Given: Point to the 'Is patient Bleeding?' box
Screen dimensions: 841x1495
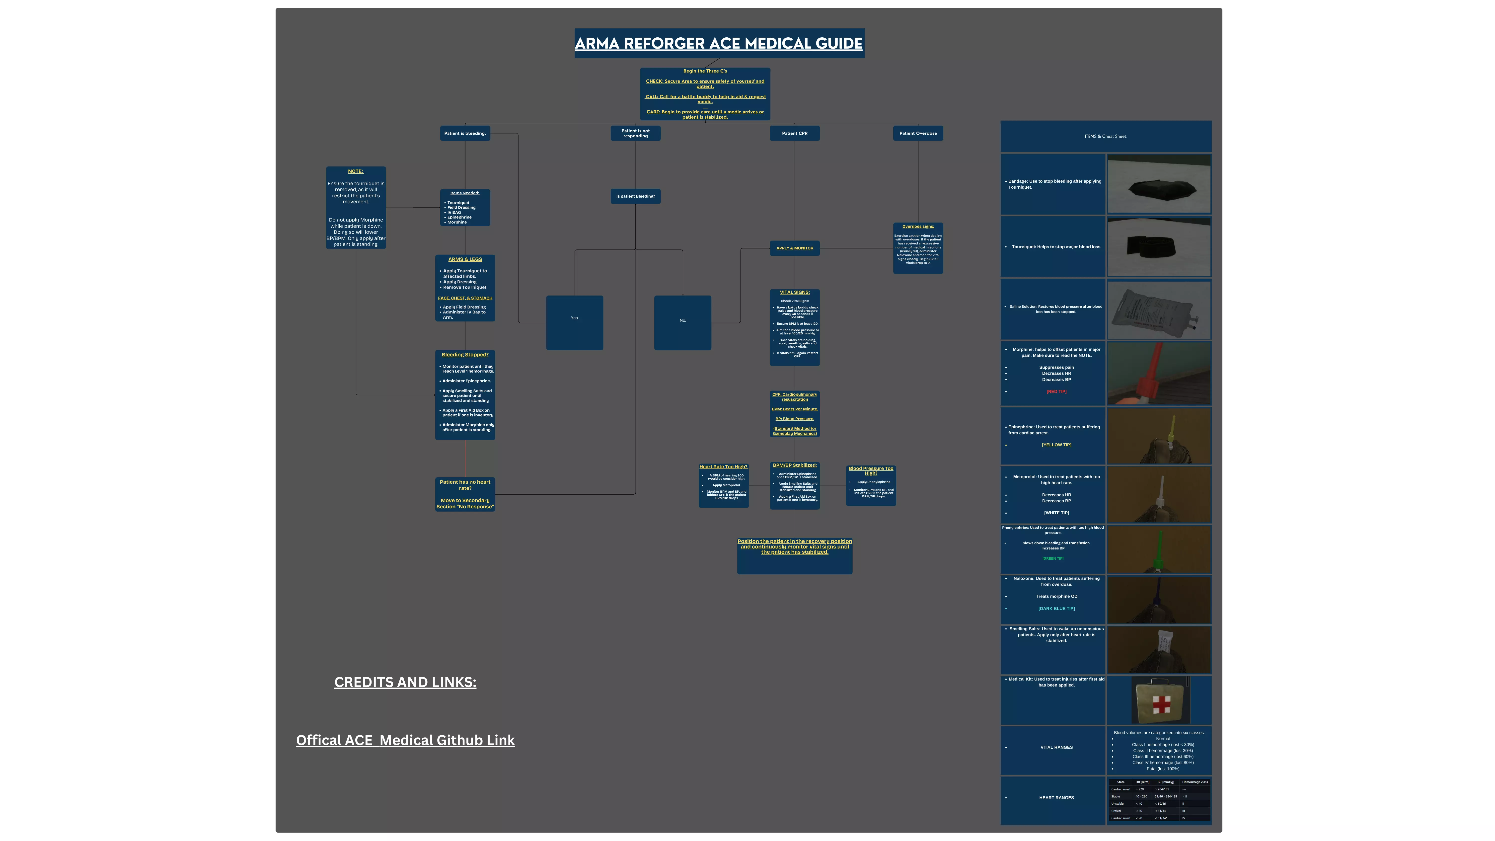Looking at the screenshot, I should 635,196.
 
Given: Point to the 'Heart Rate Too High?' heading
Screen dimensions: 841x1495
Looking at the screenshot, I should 723,467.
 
